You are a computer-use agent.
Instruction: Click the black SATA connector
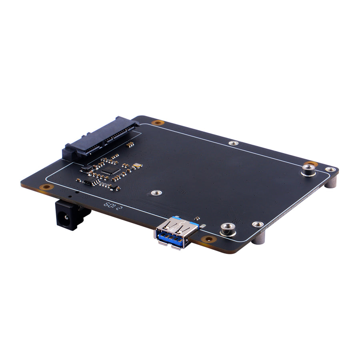tap(100, 138)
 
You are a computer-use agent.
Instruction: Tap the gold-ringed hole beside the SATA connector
tap(158, 122)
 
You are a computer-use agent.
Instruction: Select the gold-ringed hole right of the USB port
tap(208, 239)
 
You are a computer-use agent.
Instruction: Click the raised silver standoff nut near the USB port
tap(227, 229)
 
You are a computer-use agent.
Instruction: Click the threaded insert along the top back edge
tap(233, 143)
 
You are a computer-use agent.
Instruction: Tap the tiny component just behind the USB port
tap(197, 219)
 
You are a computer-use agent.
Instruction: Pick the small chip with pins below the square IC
tap(92, 182)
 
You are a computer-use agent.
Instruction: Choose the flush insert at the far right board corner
tap(331, 170)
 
